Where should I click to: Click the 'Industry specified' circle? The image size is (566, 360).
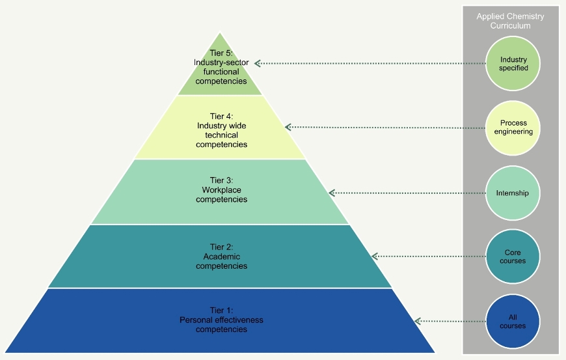(513, 63)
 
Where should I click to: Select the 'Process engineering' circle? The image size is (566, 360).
(513, 127)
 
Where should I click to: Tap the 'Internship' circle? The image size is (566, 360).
(513, 193)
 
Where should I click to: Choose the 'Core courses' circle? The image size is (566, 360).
(513, 256)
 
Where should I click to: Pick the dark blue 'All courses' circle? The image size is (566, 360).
(513, 321)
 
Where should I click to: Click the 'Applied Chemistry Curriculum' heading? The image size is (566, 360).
(510, 20)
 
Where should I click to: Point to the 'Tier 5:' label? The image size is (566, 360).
(221, 53)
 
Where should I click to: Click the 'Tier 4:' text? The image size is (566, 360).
(221, 116)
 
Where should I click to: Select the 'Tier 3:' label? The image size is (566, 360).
(221, 180)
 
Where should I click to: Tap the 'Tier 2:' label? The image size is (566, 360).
(221, 247)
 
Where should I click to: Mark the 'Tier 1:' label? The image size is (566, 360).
(221, 311)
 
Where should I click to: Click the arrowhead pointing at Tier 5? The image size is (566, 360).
(258, 63)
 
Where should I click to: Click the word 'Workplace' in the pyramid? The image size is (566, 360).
(221, 189)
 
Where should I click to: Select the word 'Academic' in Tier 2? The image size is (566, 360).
(221, 256)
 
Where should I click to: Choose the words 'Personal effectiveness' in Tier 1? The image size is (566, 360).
(221, 320)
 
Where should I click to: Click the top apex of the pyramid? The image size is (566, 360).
(221, 33)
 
